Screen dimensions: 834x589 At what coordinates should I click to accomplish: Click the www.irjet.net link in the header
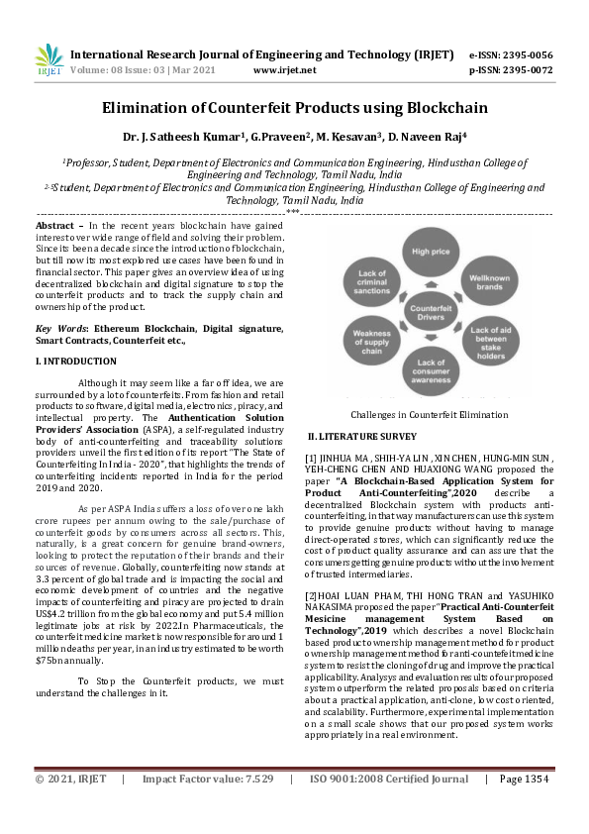[x=285, y=70]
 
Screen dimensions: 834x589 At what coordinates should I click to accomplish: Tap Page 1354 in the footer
[x=524, y=807]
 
